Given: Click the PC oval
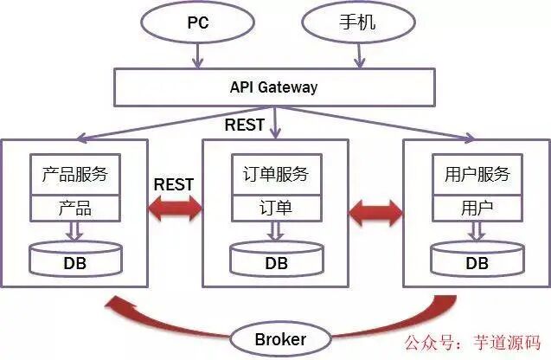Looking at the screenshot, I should pyautogui.click(x=199, y=22).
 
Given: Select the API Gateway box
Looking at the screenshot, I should pyautogui.click(x=273, y=87).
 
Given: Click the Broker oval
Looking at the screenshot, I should pyautogui.click(x=280, y=338).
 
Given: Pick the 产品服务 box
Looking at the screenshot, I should pyautogui.click(x=74, y=174).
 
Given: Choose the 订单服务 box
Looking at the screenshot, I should pyautogui.click(x=276, y=174).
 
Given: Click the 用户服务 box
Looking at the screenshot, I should pyautogui.click(x=477, y=174).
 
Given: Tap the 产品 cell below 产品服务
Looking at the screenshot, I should pyautogui.click(x=74, y=209).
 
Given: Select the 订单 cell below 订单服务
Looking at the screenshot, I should pyautogui.click(x=276, y=209).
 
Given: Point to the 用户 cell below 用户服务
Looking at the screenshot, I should pyautogui.click(x=477, y=209).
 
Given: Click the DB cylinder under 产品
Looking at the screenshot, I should pyautogui.click(x=74, y=260).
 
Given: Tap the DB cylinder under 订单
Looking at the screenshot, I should pyautogui.click(x=276, y=260).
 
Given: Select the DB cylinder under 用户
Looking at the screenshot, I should pyautogui.click(x=477, y=260).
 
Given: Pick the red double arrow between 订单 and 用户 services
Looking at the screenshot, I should pyautogui.click(x=375, y=209).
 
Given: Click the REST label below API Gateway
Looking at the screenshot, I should pyautogui.click(x=245, y=125).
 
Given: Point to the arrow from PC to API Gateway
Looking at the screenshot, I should pyautogui.click(x=199, y=55).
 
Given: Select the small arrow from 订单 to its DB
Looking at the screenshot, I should pyautogui.click(x=276, y=230).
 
